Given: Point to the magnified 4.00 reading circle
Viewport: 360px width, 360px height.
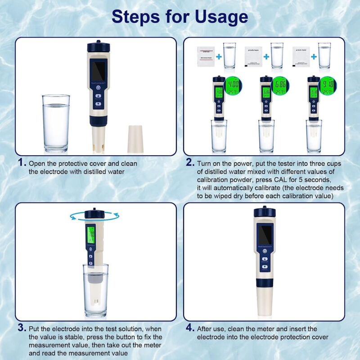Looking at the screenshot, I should coord(232,84).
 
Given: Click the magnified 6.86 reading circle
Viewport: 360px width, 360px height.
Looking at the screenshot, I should coord(279,84).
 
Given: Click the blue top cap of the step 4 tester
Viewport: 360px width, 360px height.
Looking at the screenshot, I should coord(264,215).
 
